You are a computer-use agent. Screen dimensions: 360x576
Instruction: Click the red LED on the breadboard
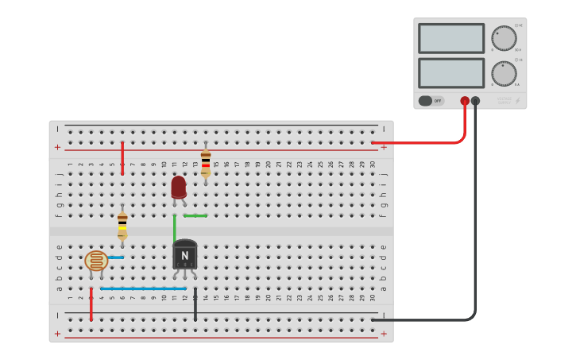tap(179, 188)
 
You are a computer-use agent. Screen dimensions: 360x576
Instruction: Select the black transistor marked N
tap(184, 255)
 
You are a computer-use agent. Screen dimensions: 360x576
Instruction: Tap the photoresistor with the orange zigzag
tap(96, 261)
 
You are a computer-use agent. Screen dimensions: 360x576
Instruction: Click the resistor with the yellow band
tap(122, 226)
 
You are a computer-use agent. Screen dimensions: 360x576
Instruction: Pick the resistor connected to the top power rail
tap(206, 162)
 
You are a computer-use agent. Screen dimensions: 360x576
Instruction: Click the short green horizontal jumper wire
tap(195, 215)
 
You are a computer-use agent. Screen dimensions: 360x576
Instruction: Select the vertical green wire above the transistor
tap(175, 228)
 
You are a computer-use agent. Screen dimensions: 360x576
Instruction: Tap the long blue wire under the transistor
tap(143, 288)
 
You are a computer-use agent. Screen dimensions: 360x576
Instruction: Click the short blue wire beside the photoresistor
tap(116, 257)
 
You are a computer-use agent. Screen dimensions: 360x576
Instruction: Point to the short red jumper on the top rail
tap(122, 158)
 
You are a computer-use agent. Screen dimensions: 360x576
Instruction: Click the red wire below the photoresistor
tap(91, 304)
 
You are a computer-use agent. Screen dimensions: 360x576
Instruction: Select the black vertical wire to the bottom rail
tap(195, 304)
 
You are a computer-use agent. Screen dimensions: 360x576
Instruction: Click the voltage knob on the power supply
tap(503, 37)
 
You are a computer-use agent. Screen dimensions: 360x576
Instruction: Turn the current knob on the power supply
tap(503, 73)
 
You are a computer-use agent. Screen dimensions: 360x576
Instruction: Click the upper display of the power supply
tap(450, 38)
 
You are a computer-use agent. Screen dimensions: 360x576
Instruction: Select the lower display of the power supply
tap(450, 73)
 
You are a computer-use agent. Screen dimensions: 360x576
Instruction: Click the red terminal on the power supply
tap(465, 101)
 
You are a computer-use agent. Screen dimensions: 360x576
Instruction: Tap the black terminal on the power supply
tap(476, 101)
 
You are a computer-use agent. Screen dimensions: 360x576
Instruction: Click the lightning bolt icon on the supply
tap(518, 101)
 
